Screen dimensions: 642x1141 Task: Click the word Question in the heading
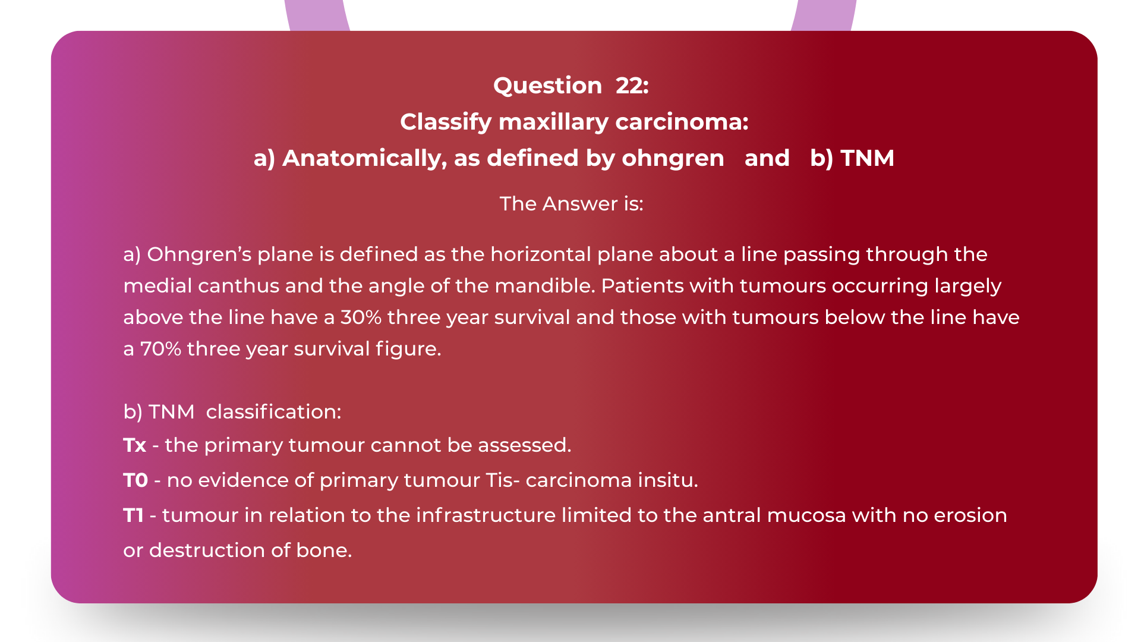coord(547,86)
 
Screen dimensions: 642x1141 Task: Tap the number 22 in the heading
coord(632,86)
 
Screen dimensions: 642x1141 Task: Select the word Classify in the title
coord(446,122)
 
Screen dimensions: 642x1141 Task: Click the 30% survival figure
coord(361,317)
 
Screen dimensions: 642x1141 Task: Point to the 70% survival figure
coord(160,349)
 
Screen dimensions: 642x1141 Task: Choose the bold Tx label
coord(135,445)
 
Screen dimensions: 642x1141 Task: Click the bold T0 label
coord(135,480)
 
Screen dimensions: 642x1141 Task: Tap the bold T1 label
coord(133,515)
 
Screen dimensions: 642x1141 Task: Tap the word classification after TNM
coord(273,412)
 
